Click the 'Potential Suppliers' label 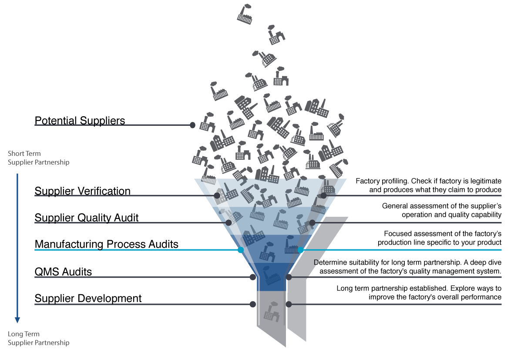80,121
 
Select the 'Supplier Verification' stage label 83,191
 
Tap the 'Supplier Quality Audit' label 87,218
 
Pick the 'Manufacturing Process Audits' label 107,244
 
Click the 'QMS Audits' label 63,272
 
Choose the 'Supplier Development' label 88,298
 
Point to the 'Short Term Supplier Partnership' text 39,158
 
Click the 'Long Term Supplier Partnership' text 39,338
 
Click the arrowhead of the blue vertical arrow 17,320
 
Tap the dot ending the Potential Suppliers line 193,125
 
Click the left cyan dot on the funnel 241,250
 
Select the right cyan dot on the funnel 300,250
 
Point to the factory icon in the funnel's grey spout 272,312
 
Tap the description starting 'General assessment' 442,210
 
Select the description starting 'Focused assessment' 440,238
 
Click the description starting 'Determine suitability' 407,266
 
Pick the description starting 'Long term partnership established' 419,293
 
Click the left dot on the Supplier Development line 253,304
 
